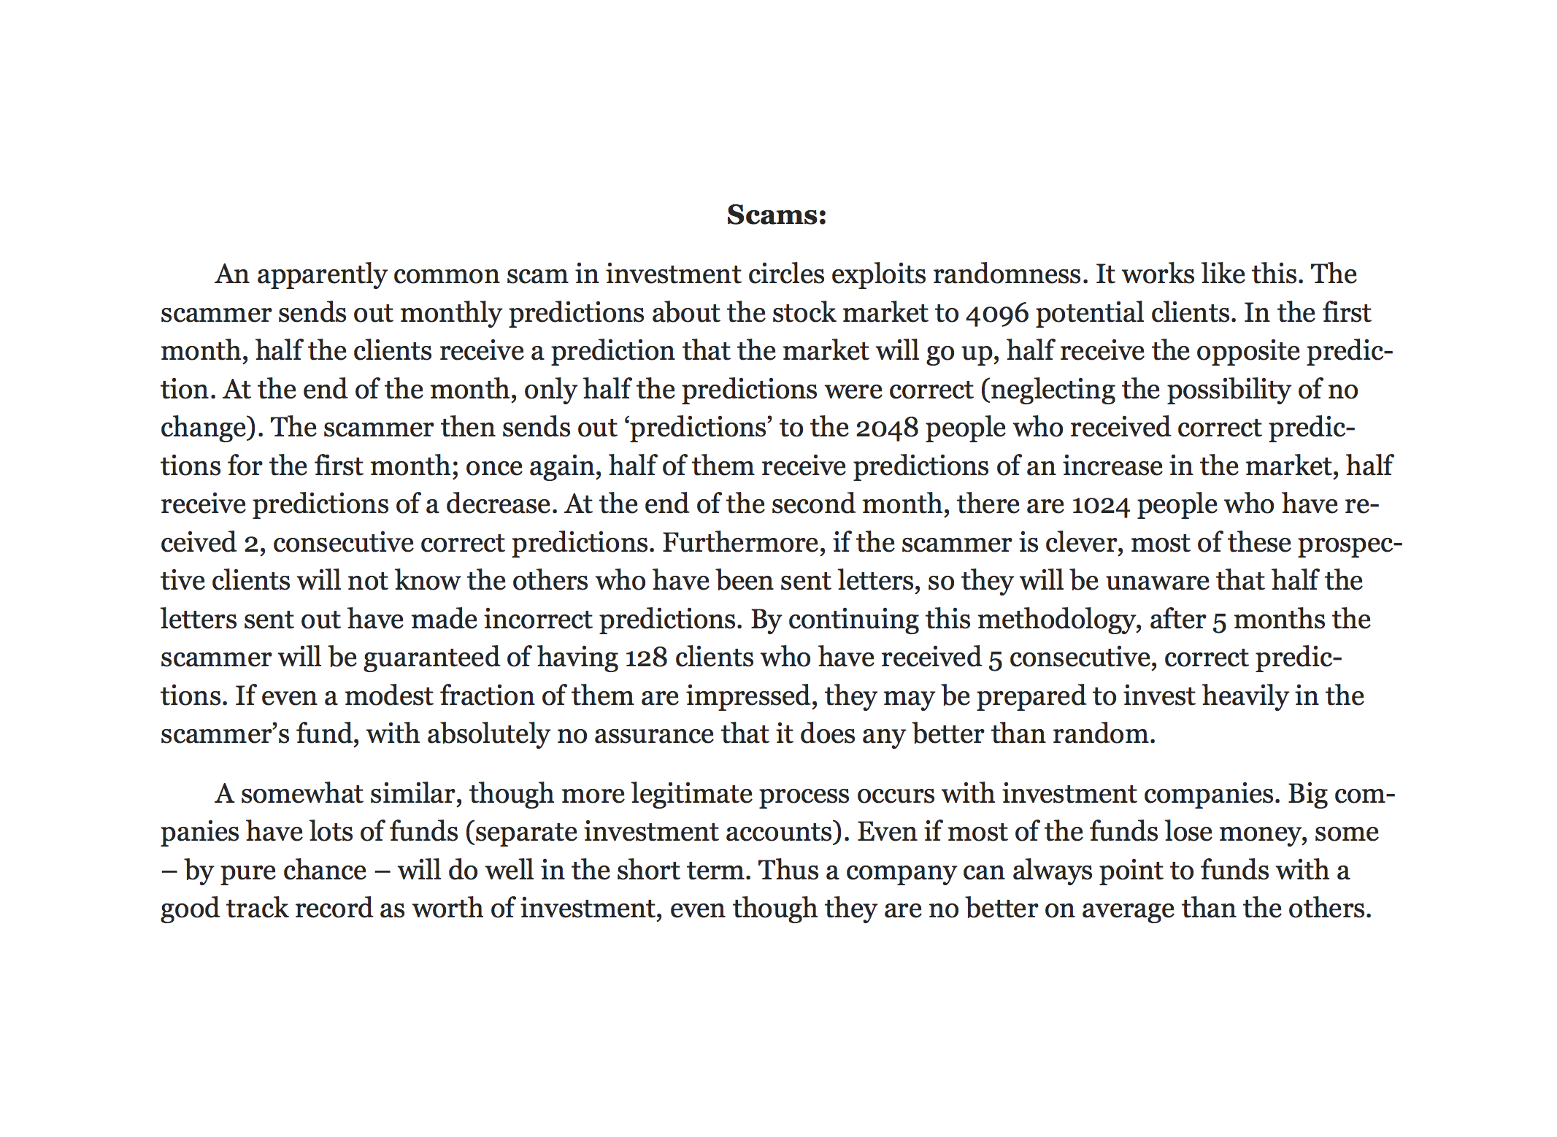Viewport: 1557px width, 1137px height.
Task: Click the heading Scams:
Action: pos(776,215)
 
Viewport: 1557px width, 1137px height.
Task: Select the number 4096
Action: pos(996,313)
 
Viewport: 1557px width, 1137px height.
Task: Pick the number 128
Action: pos(646,658)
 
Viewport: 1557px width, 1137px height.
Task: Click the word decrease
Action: pos(498,504)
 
